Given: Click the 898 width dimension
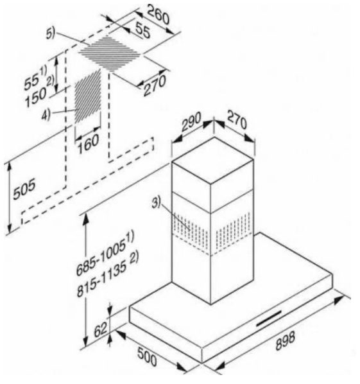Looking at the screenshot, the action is click(x=285, y=340).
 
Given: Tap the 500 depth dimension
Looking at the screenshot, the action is click(x=147, y=356).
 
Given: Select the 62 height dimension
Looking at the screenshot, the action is click(x=101, y=330).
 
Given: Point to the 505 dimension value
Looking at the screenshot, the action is click(x=24, y=189).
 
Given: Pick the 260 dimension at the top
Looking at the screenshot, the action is click(x=159, y=15).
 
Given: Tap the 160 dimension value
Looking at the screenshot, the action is click(x=88, y=144).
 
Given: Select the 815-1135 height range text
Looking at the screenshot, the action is click(x=108, y=275).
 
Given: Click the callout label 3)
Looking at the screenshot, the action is click(x=156, y=203).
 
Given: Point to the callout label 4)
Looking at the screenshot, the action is click(x=46, y=114).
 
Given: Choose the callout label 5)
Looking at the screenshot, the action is click(x=51, y=33).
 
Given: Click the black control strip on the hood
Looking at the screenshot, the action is click(x=269, y=319).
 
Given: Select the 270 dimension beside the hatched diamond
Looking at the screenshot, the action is click(x=155, y=85).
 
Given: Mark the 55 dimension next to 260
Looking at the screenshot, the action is click(x=142, y=30).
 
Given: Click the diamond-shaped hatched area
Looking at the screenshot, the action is click(x=110, y=53).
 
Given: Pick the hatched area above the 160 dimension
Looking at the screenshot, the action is click(x=88, y=96).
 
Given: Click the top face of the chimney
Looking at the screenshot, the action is click(x=213, y=160).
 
